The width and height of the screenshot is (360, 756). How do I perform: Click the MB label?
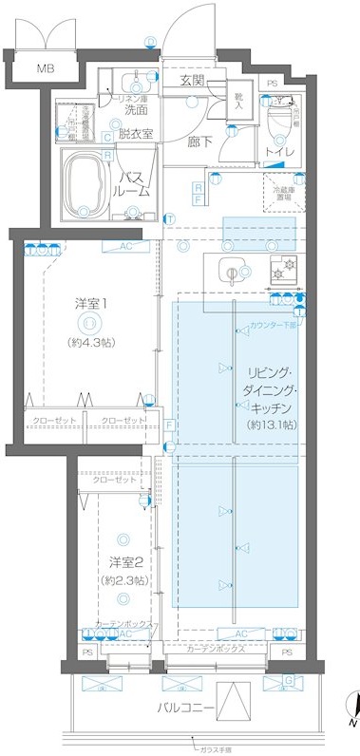pos(45,68)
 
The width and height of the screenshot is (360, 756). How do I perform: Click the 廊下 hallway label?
pos(199,142)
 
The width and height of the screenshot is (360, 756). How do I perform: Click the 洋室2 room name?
pos(125,562)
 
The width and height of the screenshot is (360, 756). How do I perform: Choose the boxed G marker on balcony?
pos(290,680)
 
